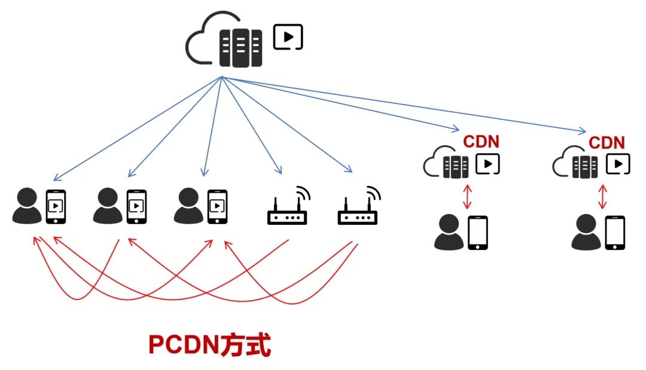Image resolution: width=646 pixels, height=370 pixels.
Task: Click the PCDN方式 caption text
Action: click(209, 345)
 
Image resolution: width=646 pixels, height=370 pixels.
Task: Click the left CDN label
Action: click(481, 142)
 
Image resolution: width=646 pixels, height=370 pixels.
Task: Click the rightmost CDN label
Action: click(607, 143)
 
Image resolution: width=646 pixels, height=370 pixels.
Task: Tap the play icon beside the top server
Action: click(288, 37)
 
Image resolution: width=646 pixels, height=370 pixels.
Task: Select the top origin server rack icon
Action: click(241, 46)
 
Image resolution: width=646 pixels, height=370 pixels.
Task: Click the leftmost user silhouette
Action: click(28, 206)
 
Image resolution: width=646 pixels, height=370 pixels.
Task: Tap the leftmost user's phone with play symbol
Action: click(56, 206)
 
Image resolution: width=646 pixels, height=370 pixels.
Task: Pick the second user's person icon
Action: click(108, 206)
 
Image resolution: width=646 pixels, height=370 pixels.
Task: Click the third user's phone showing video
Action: click(217, 206)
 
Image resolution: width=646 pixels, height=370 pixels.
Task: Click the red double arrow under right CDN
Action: click(603, 197)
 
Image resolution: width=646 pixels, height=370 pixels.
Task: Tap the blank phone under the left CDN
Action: click(477, 232)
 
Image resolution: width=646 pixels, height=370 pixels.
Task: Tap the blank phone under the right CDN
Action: click(615, 233)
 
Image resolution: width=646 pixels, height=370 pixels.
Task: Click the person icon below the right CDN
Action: click(586, 233)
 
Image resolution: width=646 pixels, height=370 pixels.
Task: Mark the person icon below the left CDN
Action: click(449, 233)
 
